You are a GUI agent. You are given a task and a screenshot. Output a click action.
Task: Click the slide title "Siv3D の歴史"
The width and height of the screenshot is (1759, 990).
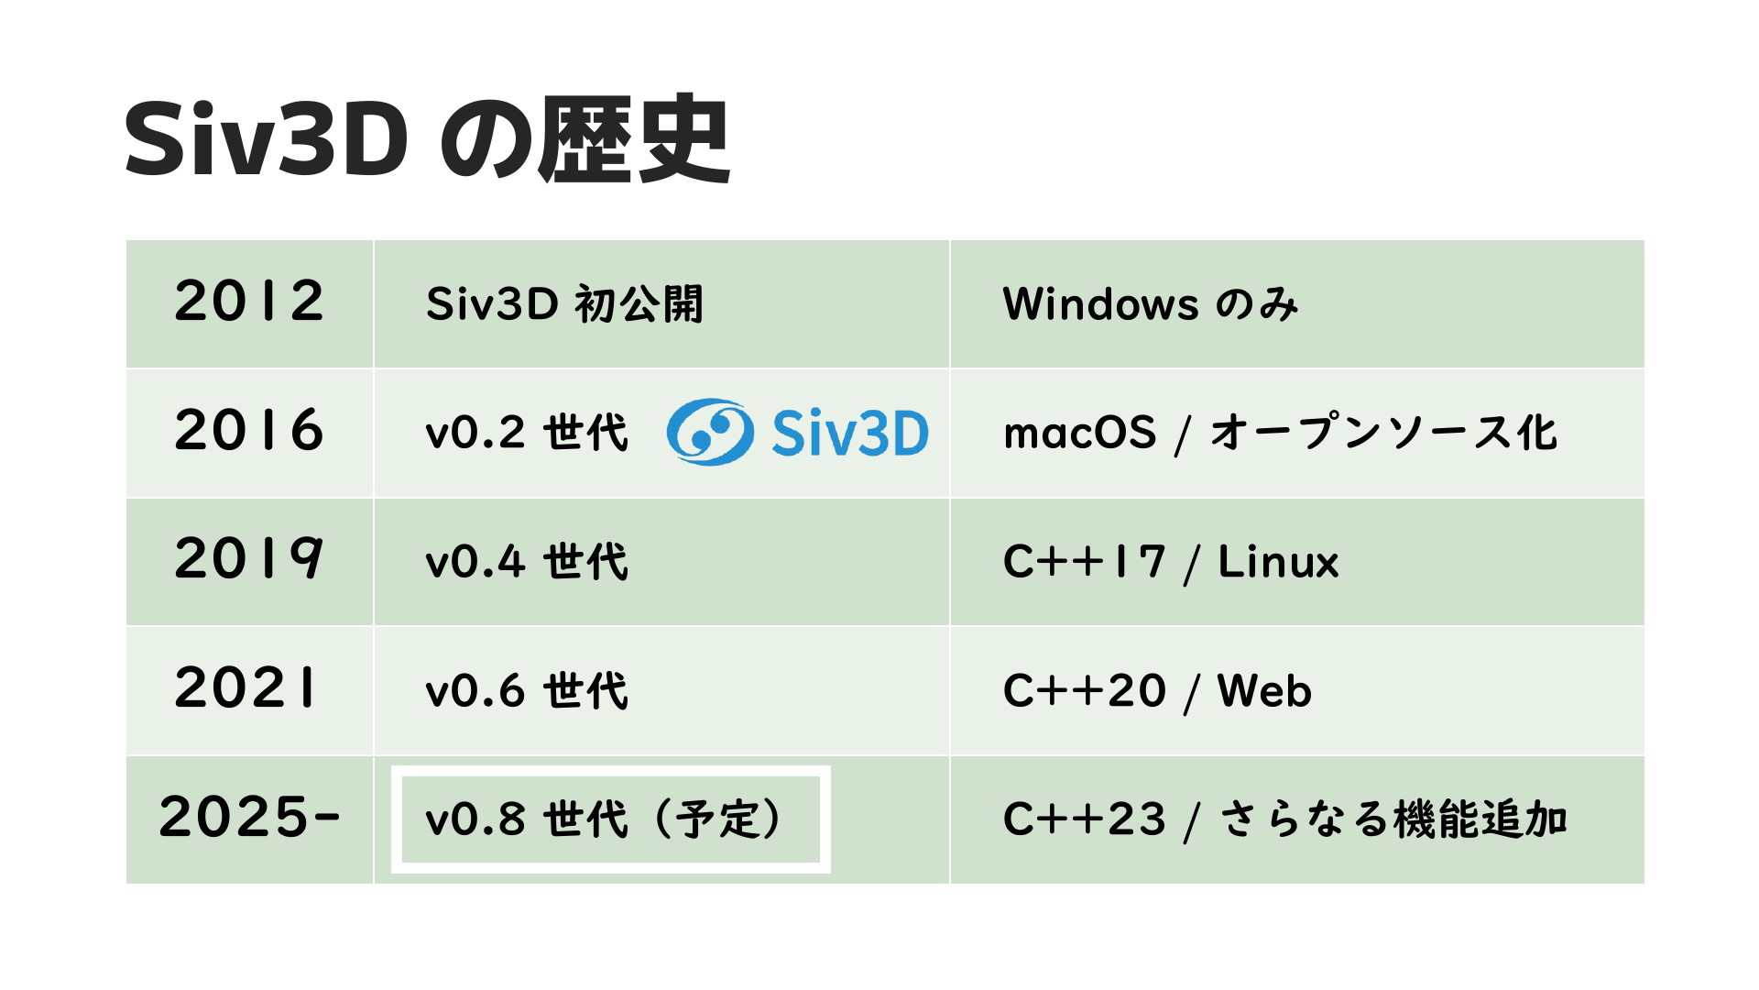point(427,142)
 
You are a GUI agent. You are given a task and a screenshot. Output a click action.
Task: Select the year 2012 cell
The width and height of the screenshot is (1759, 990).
point(249,304)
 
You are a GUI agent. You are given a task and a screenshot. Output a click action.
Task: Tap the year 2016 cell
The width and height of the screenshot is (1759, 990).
point(249,434)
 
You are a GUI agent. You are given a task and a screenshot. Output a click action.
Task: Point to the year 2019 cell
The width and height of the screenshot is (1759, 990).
point(249,562)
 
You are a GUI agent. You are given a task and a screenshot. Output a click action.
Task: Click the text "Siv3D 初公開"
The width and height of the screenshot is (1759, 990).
point(564,304)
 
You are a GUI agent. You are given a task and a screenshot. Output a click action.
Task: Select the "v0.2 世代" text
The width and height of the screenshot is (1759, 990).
point(527,434)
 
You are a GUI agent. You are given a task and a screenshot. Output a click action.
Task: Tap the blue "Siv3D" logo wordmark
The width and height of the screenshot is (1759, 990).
point(850,433)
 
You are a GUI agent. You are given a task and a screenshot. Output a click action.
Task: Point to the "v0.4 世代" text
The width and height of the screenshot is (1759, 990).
point(527,562)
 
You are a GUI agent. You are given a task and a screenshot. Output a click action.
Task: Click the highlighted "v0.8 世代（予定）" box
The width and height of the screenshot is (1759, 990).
point(611,819)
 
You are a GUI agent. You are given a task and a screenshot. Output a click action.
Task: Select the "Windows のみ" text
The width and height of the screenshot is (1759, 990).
point(1151,304)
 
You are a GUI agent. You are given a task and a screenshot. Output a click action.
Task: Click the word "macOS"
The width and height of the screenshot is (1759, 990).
point(1080,434)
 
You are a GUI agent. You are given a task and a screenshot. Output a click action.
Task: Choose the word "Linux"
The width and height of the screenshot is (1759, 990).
point(1278,562)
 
